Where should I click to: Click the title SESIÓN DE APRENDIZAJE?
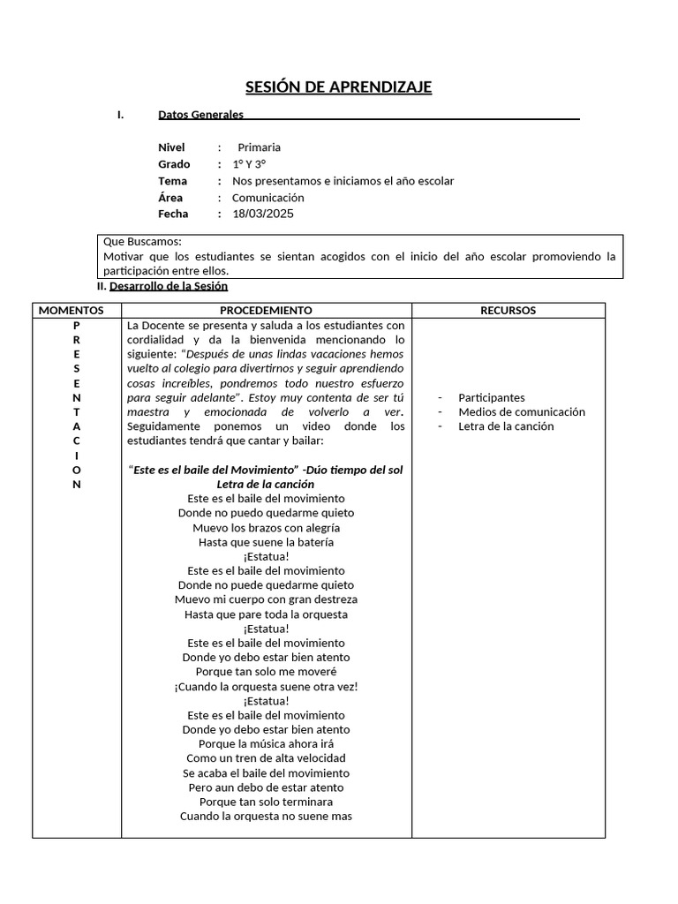pyautogui.click(x=338, y=87)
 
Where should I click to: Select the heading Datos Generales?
pyautogui.click(x=200, y=115)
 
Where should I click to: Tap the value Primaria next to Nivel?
pyautogui.click(x=259, y=147)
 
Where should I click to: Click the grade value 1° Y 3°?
pyautogui.click(x=249, y=164)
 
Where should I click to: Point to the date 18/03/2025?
pyautogui.click(x=263, y=214)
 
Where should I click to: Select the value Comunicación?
pyautogui.click(x=267, y=198)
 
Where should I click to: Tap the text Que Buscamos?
pyautogui.click(x=142, y=241)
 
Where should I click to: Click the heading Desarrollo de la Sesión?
pyautogui.click(x=169, y=286)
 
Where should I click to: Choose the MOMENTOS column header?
pyautogui.click(x=72, y=311)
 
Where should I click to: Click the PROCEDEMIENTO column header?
pyautogui.click(x=266, y=311)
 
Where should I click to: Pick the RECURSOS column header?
pyautogui.click(x=508, y=311)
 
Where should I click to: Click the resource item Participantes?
pyautogui.click(x=491, y=398)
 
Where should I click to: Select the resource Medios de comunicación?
pyautogui.click(x=522, y=412)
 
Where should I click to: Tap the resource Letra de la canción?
pyautogui.click(x=506, y=426)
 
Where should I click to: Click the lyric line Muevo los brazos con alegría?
pyautogui.click(x=266, y=528)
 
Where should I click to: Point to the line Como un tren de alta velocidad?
pyautogui.click(x=266, y=758)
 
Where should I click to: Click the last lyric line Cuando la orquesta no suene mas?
pyautogui.click(x=266, y=816)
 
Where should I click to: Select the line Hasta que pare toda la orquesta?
pyautogui.click(x=266, y=614)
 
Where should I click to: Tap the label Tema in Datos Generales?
pyautogui.click(x=172, y=181)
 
